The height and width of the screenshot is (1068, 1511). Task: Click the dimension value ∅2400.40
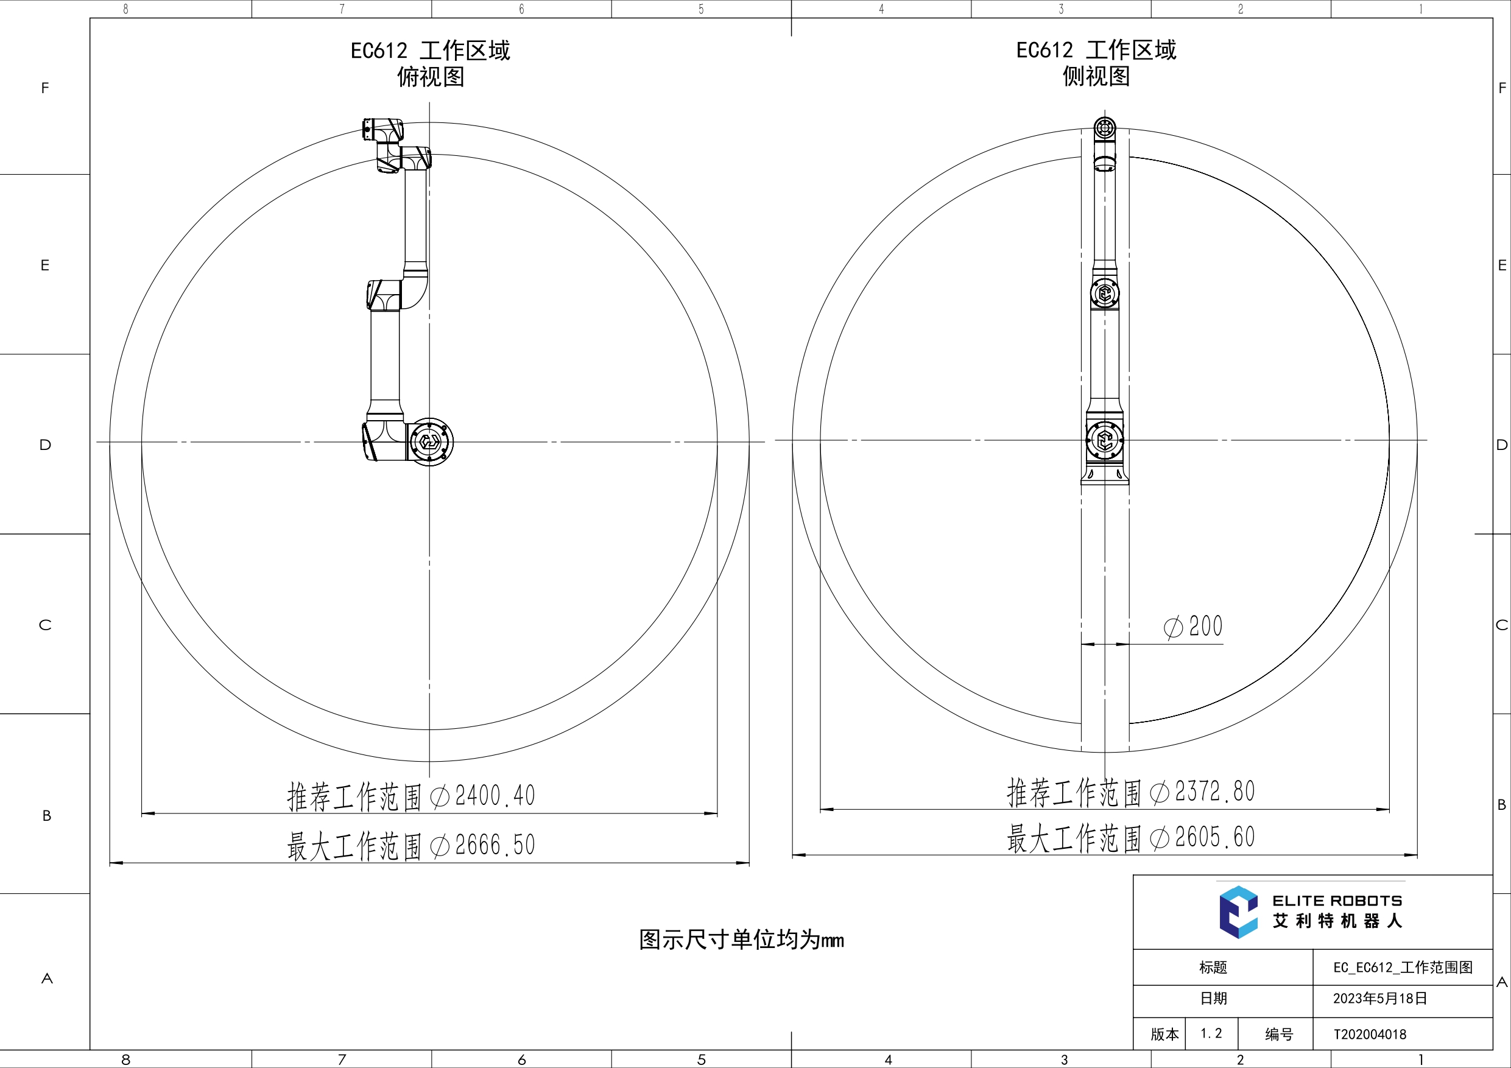(483, 796)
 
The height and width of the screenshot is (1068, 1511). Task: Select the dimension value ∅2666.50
(483, 845)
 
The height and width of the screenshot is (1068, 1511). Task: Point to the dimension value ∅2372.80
(1203, 792)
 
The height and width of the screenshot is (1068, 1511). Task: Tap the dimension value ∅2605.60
(1203, 837)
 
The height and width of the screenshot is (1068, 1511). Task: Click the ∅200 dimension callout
(1193, 627)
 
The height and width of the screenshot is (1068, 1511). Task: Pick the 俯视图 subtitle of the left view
(431, 77)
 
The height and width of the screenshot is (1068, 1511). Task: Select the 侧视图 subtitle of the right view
(1096, 76)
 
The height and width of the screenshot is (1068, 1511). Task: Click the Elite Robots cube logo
(1238, 912)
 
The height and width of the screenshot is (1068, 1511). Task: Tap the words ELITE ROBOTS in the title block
(1337, 901)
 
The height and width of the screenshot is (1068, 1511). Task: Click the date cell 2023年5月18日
(1380, 998)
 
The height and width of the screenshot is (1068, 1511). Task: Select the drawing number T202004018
(1370, 1035)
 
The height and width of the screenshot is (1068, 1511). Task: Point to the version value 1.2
(1211, 1034)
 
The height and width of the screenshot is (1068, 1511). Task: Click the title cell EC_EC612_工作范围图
(1403, 968)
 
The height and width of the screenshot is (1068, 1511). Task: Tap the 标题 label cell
(1213, 968)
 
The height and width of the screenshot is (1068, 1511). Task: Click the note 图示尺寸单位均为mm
(741, 940)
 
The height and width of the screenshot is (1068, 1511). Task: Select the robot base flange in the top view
(430, 441)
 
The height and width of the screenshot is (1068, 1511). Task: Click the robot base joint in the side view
(1104, 440)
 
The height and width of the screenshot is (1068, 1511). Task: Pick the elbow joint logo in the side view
(1104, 293)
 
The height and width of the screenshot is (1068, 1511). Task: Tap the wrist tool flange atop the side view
(1104, 128)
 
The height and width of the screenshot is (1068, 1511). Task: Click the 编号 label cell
(1279, 1035)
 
